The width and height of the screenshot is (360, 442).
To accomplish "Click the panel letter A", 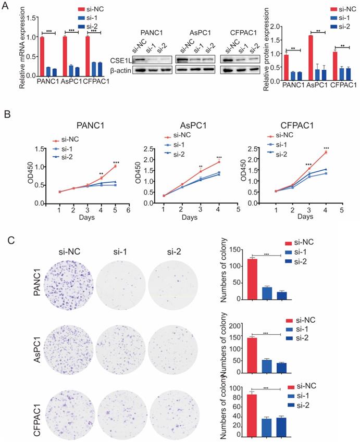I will [6, 6].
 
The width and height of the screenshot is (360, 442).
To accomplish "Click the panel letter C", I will [6, 241].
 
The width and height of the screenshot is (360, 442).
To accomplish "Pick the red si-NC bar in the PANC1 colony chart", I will [252, 286].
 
